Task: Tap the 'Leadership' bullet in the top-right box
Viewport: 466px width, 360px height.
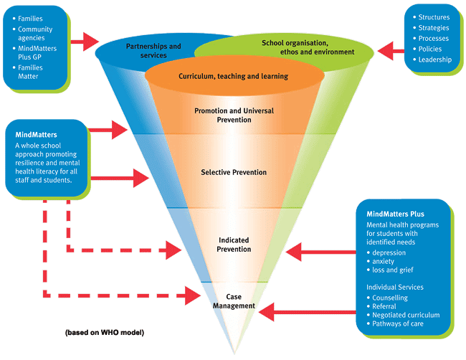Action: pyautogui.click(x=435, y=60)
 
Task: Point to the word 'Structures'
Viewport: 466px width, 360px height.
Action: pyautogui.click(x=434, y=17)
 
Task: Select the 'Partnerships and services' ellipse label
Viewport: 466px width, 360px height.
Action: pyautogui.click(x=153, y=50)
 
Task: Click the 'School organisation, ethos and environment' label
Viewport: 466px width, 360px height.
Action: pyautogui.click(x=308, y=47)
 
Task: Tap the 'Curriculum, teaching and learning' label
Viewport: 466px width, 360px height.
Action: pyautogui.click(x=233, y=76)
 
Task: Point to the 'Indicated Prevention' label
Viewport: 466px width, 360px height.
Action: pyautogui.click(x=234, y=245)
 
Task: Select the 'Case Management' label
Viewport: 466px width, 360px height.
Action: pyautogui.click(x=234, y=301)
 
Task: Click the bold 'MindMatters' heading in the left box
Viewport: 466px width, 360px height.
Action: pyautogui.click(x=37, y=134)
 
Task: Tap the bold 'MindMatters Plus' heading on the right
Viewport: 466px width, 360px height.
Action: pyautogui.click(x=394, y=214)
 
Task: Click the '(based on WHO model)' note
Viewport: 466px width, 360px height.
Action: pyautogui.click(x=104, y=333)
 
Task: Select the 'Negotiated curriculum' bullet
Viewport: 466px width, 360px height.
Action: pyautogui.click(x=406, y=316)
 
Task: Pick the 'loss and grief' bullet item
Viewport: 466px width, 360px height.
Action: pyautogui.click(x=394, y=270)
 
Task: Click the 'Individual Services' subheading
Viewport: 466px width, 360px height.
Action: pyautogui.click(x=394, y=287)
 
